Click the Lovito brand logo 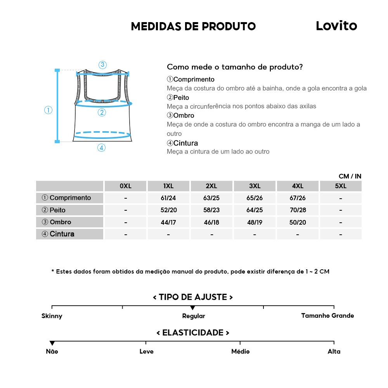pyautogui.click(x=336, y=26)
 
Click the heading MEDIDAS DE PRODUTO pyautogui.click(x=193, y=26)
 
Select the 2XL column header pyautogui.click(x=211, y=186)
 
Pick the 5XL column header pyautogui.click(x=340, y=186)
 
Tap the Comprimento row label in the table pyautogui.click(x=70, y=198)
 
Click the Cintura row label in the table pyautogui.click(x=70, y=234)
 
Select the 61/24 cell pyautogui.click(x=168, y=198)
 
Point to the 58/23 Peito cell pyautogui.click(x=211, y=210)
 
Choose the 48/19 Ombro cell pyautogui.click(x=255, y=222)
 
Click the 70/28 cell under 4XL pyautogui.click(x=298, y=210)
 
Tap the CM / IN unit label pyautogui.click(x=350, y=176)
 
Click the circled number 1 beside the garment pyautogui.click(x=48, y=110)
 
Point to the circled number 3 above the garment pyautogui.click(x=102, y=65)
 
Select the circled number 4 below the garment pyautogui.click(x=101, y=148)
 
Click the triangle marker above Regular pyautogui.click(x=193, y=308)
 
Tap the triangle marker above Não pyautogui.click(x=52, y=343)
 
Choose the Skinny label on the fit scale pyautogui.click(x=52, y=316)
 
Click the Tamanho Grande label pyautogui.click(x=327, y=315)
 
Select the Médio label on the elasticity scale pyautogui.click(x=240, y=352)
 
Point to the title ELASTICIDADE pyautogui.click(x=193, y=333)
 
